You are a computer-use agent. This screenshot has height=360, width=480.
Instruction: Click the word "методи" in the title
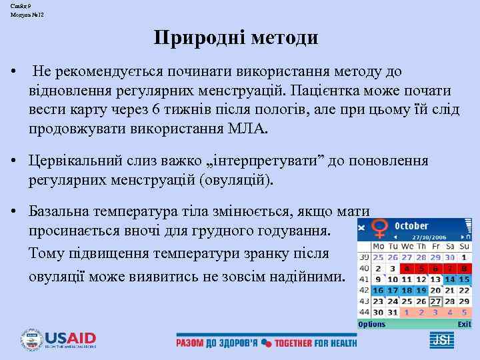coord(285,37)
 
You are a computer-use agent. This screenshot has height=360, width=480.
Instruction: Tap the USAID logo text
coord(71,338)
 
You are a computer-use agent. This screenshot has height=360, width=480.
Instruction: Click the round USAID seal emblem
coord(31,340)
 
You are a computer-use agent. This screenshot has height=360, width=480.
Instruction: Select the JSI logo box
coord(442,340)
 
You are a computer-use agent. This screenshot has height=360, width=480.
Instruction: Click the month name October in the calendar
coord(411,225)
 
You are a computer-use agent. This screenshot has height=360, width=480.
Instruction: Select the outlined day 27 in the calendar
coord(435,301)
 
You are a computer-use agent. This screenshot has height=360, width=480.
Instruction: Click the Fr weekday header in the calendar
coord(435,247)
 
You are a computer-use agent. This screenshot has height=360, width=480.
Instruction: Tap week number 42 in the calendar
coord(364,290)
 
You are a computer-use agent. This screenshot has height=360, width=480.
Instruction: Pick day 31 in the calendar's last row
coord(392,312)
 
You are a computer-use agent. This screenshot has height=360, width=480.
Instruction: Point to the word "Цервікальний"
coord(72,161)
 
